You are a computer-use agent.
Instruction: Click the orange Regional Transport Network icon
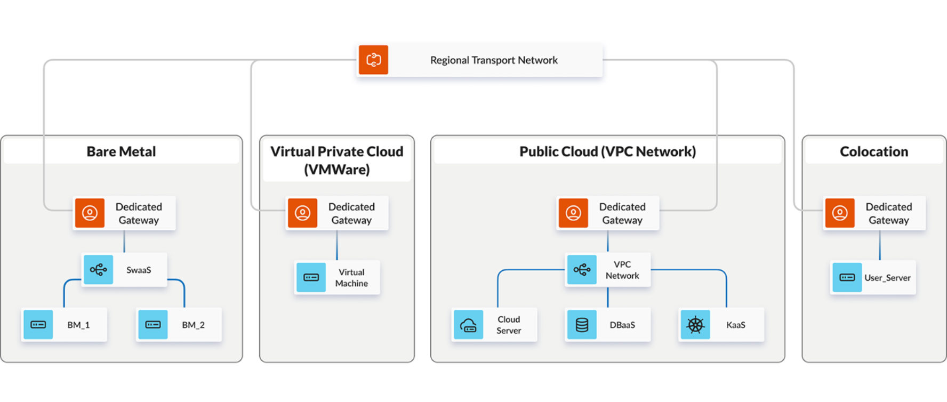pos(373,60)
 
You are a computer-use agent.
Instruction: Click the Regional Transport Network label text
pos(494,60)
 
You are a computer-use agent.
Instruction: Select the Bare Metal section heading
pos(121,152)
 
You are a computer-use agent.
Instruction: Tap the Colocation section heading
pos(873,152)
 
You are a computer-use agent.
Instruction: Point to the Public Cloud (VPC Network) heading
pos(607,152)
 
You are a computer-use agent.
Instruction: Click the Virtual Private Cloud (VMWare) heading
pos(336,160)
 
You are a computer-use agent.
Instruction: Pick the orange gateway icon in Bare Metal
pos(90,213)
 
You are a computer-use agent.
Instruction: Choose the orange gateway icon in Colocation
pos(840,213)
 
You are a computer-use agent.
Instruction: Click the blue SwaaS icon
pos(99,270)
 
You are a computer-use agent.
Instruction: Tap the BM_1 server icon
pos(38,325)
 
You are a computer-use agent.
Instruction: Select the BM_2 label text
pos(193,325)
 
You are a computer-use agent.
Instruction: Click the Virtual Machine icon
pos(311,277)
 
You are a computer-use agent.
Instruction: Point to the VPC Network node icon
pos(582,270)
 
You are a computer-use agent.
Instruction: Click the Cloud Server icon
pos(468,325)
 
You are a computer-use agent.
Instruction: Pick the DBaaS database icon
pos(582,325)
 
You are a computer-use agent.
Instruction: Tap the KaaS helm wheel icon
pos(695,325)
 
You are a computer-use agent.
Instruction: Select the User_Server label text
pos(887,278)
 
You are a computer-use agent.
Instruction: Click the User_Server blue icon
pos(847,277)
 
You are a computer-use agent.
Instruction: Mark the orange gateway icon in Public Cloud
pos(573,213)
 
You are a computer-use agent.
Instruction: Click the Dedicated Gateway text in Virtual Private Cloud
pos(351,213)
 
